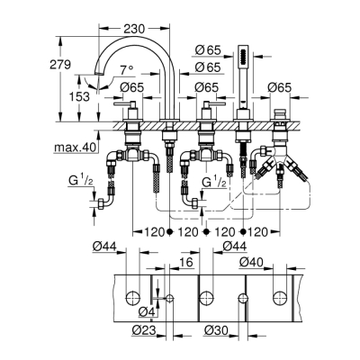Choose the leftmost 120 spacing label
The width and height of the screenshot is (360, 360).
pyautogui.click(x=154, y=231)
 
